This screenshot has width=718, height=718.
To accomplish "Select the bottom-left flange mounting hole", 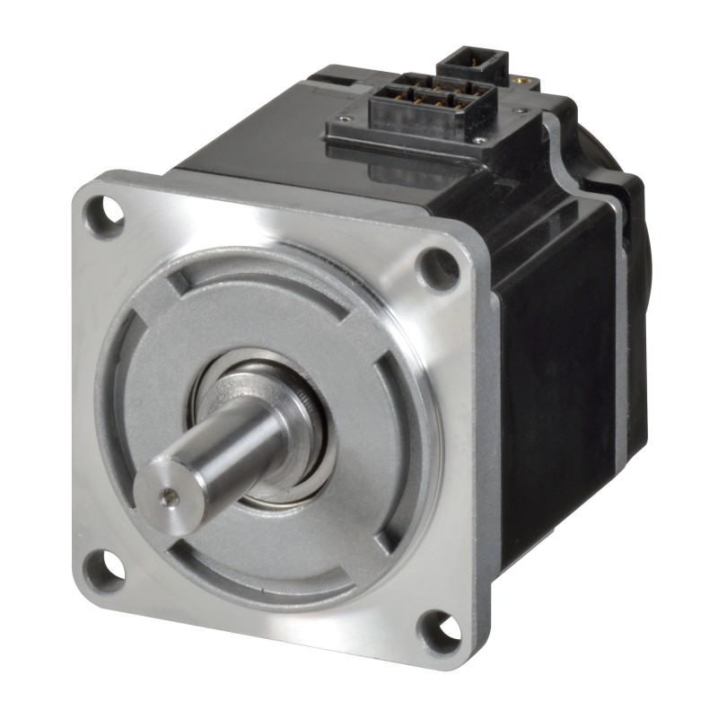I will pos(102,569).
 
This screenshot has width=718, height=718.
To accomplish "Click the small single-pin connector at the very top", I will pos(472,63).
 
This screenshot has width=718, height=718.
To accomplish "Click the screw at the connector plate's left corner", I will pos(345,118).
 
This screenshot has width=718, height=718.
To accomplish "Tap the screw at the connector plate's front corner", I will pos(481,141).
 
